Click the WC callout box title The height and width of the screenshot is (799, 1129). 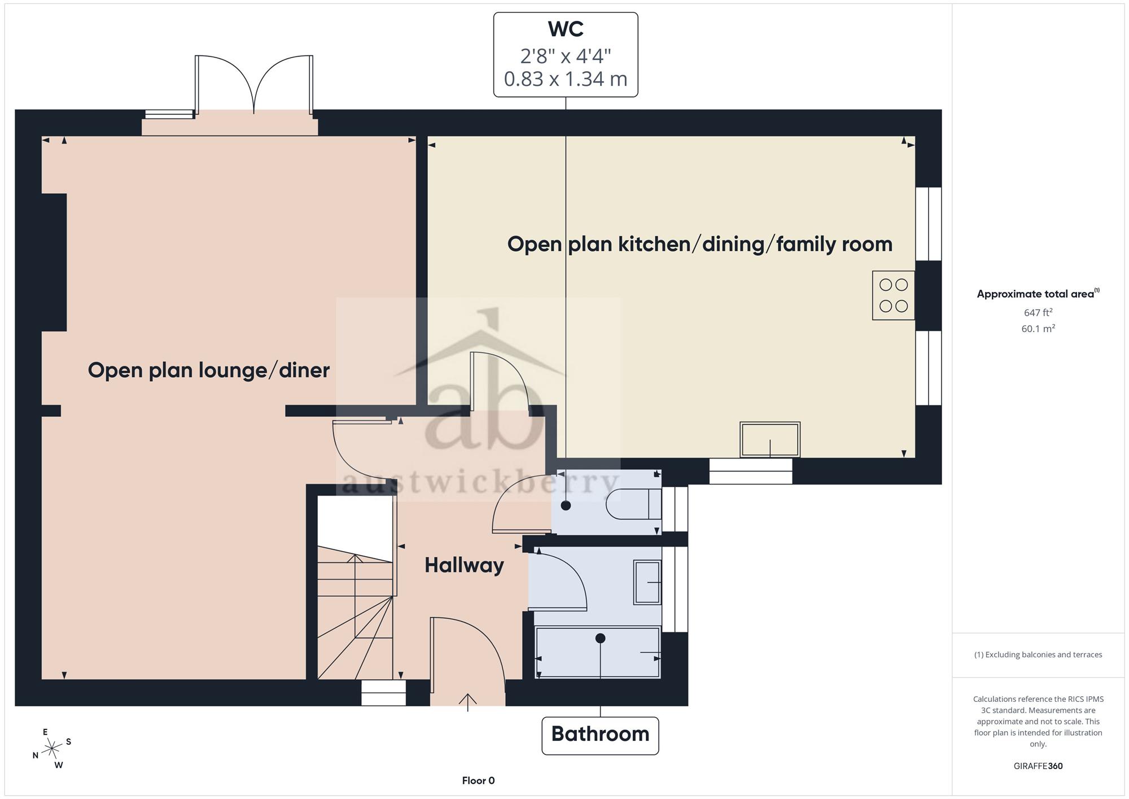coord(566,29)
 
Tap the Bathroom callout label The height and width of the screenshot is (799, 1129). coord(600,734)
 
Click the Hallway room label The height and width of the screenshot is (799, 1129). coord(464,565)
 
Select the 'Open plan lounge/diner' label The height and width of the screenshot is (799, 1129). coord(209,370)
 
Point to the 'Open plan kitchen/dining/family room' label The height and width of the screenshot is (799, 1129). coord(700,244)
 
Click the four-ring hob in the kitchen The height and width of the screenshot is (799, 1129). coord(894,295)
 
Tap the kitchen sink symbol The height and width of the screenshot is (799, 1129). coord(770,439)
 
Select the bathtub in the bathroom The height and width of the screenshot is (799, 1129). coord(598,652)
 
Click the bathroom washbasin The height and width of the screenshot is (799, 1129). coord(647,582)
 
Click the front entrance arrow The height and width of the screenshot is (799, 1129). coord(467,702)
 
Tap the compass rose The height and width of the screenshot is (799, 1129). coord(52,749)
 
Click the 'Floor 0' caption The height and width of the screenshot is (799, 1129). coord(478,780)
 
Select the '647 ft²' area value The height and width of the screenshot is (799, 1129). coord(1038,312)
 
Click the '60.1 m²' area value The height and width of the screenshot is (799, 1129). coord(1038,329)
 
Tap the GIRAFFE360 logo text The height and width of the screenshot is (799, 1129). coord(1038,766)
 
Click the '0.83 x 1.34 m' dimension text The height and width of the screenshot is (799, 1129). coord(566,79)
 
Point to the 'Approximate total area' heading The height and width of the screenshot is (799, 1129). coord(1038,294)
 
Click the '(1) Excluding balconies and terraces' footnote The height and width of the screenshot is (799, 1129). coord(1038,655)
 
